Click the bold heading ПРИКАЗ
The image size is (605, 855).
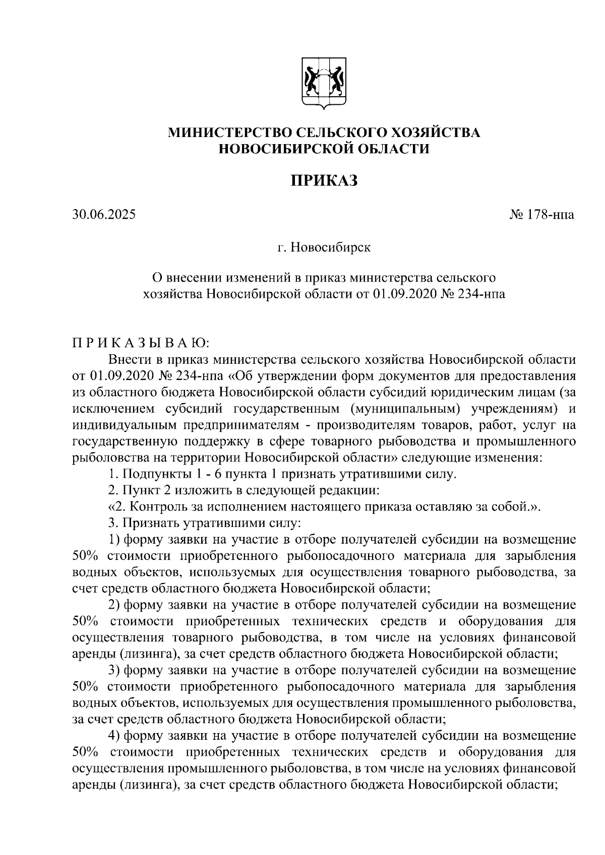click(324, 180)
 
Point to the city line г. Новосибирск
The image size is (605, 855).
click(324, 248)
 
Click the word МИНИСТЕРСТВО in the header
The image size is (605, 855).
click(229, 133)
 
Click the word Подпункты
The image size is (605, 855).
click(157, 474)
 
